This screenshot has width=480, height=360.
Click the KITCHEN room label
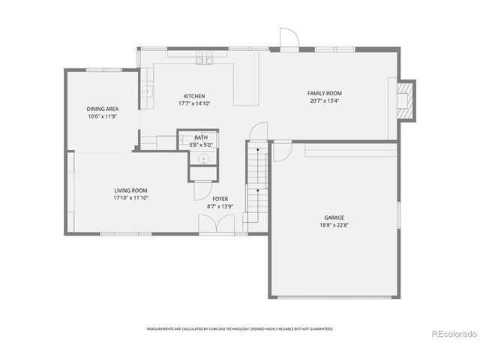coord(194,96)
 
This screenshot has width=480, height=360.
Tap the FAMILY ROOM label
coord(325,93)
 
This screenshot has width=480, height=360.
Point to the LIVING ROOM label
coord(130,190)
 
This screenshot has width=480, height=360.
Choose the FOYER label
coord(220,199)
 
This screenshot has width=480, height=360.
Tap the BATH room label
coord(201,137)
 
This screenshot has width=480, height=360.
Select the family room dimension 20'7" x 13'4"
coord(325,100)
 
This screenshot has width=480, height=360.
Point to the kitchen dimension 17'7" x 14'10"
coord(194,103)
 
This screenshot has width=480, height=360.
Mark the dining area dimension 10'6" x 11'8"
coord(103,116)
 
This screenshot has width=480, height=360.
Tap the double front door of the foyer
coord(217,224)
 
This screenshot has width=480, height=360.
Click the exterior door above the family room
coord(289,39)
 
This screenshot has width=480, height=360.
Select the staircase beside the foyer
coord(257,184)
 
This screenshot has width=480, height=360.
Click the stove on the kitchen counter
coord(205,57)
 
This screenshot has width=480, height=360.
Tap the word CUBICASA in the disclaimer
coord(218,328)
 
